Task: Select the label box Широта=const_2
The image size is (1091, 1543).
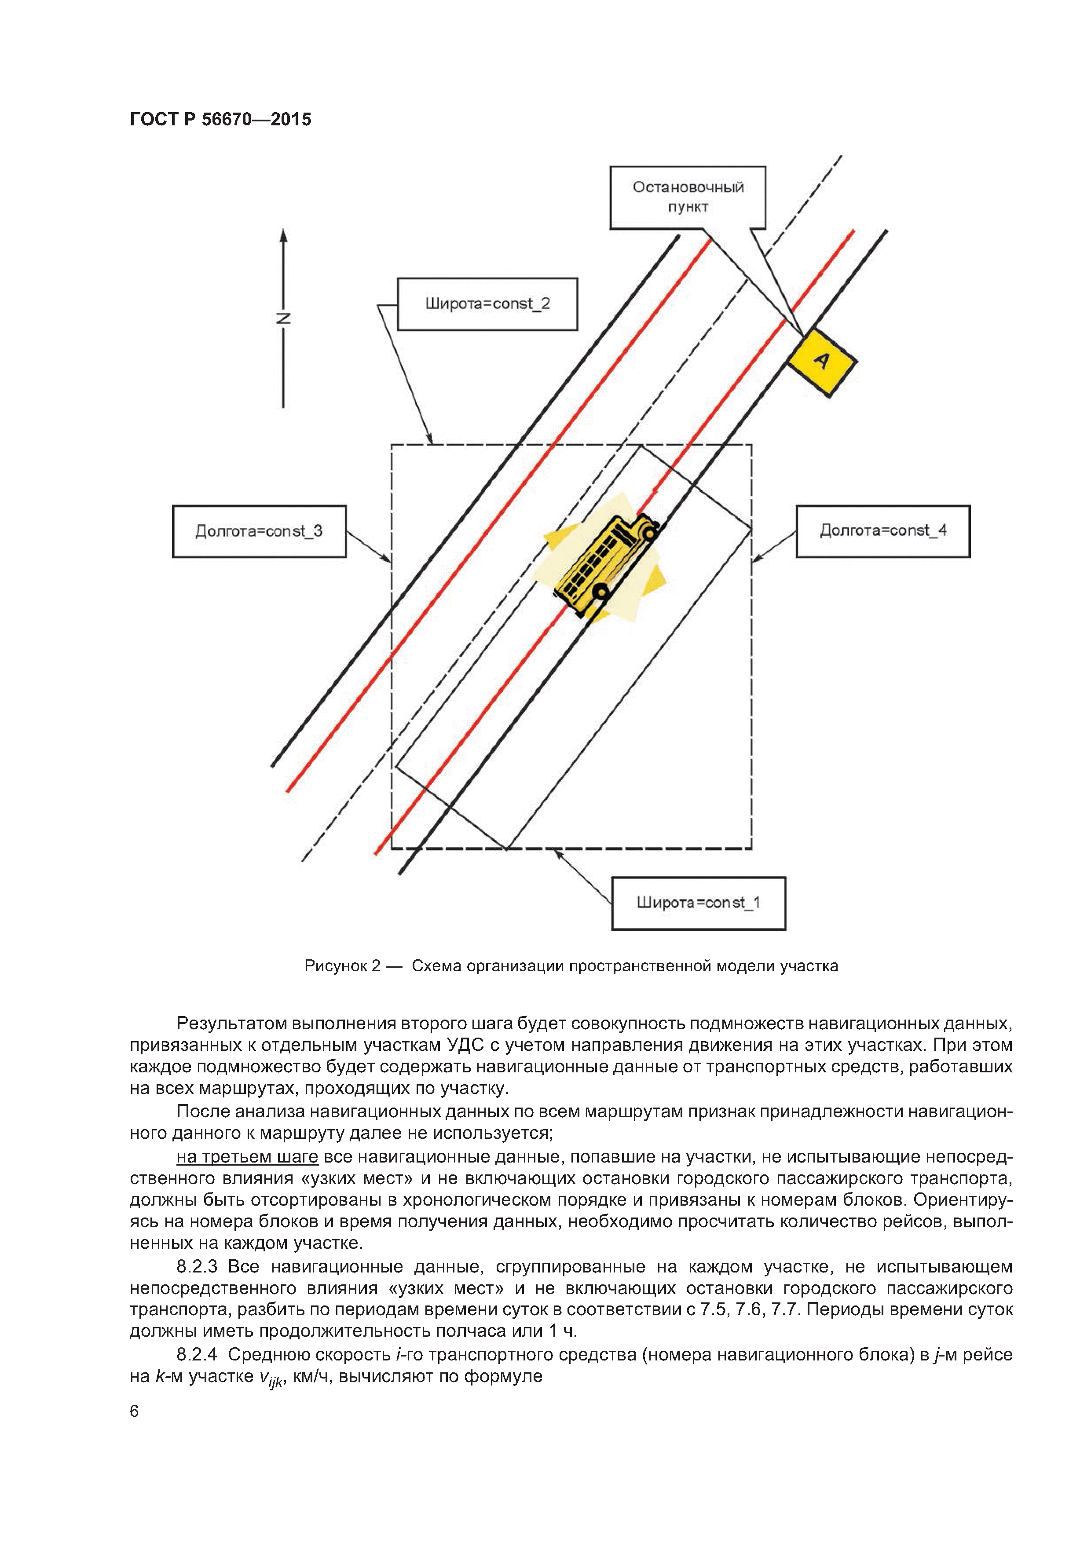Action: tap(487, 304)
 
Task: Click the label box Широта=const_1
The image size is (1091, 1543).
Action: tap(699, 903)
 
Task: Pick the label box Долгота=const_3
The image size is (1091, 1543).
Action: tap(259, 531)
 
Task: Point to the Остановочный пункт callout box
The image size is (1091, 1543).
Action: tap(688, 197)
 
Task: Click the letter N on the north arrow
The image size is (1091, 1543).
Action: tap(284, 318)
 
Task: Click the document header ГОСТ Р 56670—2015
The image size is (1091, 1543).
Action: tap(220, 120)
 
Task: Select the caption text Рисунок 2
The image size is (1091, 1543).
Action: tap(342, 966)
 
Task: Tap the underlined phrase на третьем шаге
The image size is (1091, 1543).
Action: tap(247, 1156)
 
